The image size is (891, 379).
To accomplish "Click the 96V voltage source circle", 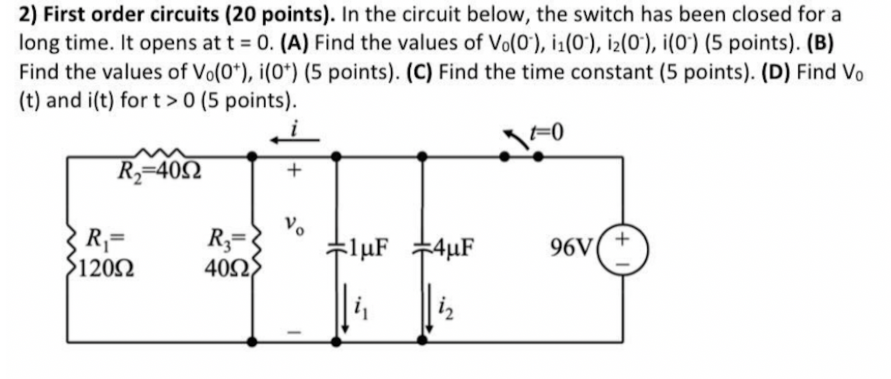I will coord(623,250).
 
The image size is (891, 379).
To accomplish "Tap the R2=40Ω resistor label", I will coord(160,172).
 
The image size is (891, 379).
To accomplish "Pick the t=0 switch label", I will coord(546,132).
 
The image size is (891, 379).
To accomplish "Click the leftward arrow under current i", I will coord(295,140).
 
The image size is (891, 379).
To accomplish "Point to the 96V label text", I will coord(570,248).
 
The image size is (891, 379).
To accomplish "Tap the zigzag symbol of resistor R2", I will coord(160,153).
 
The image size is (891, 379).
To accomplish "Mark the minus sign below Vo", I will coord(294,332).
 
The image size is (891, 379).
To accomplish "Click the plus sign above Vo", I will coord(294,170).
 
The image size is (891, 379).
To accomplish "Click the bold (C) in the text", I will coord(419,72).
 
